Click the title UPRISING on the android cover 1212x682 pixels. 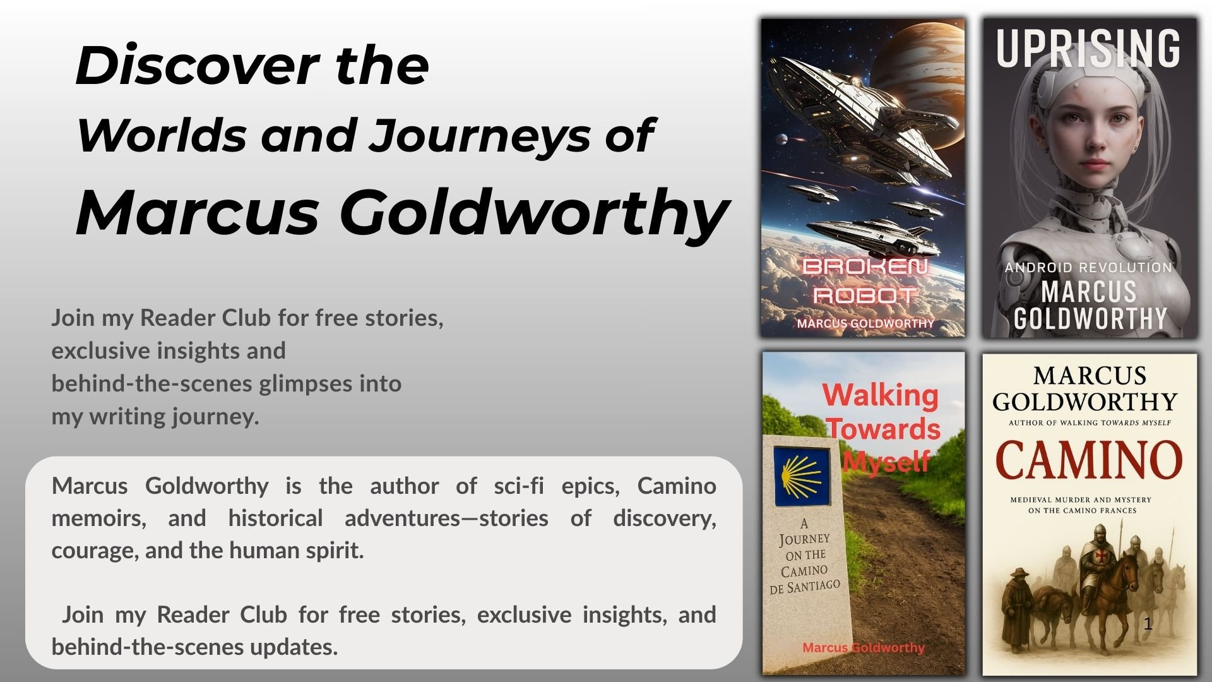pyautogui.click(x=1088, y=48)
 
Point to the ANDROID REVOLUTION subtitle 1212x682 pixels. pyautogui.click(x=1088, y=268)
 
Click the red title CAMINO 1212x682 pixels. pyautogui.click(x=1088, y=460)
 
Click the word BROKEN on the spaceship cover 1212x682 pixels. pyautogui.click(x=865, y=266)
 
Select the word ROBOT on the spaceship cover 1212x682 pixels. pyautogui.click(x=865, y=295)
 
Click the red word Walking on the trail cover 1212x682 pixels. pyautogui.click(x=880, y=395)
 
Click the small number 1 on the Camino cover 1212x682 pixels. pyautogui.click(x=1148, y=624)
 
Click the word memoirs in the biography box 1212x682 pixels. pyautogui.click(x=98, y=518)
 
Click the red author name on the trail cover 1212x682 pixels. pyautogui.click(x=863, y=648)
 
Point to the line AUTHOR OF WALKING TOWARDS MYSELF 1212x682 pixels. pyautogui.click(x=1090, y=423)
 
